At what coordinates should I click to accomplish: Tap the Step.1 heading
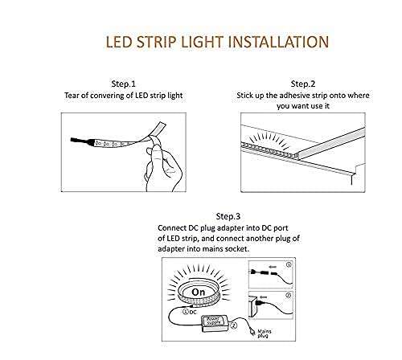[x=123, y=84]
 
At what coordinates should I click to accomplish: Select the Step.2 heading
[x=303, y=84]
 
